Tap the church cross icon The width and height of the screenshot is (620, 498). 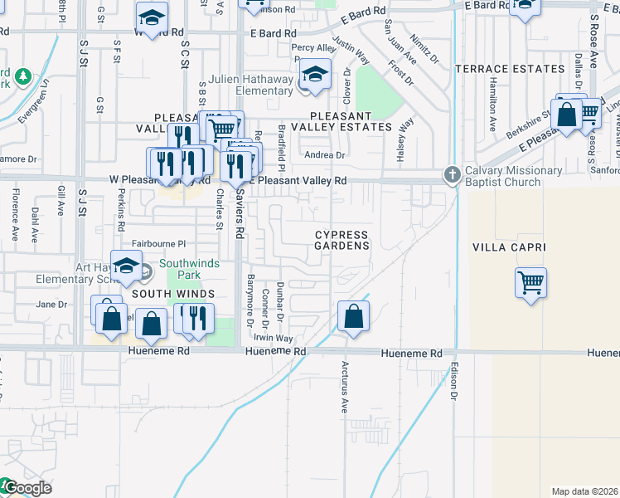point(452,174)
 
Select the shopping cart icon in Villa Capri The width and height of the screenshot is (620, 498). point(530,281)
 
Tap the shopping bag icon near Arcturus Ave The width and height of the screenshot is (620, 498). point(353,316)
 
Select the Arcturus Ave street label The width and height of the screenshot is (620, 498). point(345,387)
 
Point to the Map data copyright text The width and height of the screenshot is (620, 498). point(585,491)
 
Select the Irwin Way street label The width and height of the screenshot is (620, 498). point(274,338)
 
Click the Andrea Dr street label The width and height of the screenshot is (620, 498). point(324,155)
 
